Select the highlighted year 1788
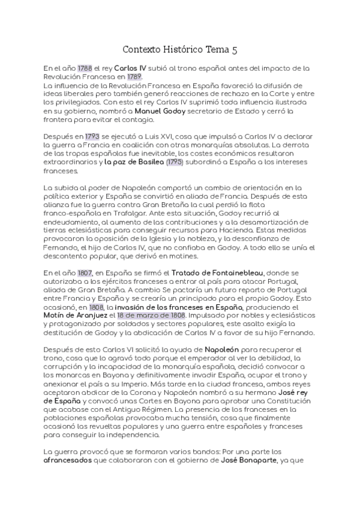click(85, 68)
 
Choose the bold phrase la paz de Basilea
click(134, 161)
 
